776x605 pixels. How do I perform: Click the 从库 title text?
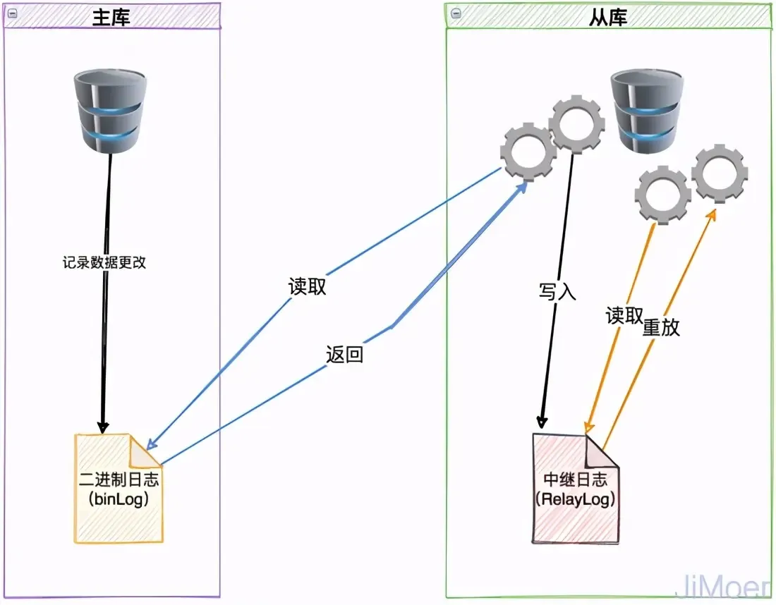click(607, 17)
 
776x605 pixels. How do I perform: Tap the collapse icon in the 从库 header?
click(456, 14)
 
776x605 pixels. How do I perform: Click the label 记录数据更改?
click(104, 262)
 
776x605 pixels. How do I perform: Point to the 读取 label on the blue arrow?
click(308, 287)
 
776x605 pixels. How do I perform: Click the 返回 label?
click(344, 354)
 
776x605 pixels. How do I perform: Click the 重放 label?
click(661, 326)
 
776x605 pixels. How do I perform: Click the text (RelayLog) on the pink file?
click(575, 499)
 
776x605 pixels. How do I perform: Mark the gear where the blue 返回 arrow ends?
click(528, 151)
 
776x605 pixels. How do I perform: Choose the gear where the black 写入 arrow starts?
click(576, 126)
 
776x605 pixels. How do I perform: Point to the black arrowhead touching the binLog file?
click(103, 427)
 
